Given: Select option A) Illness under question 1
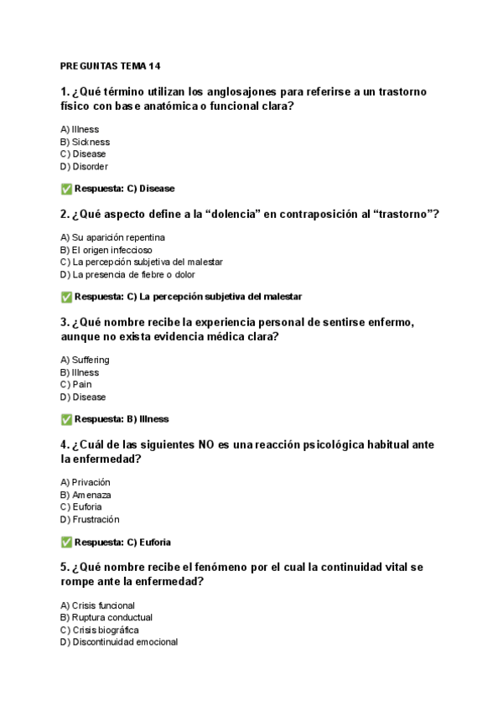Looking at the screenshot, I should tap(80, 129).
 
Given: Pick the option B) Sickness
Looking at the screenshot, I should tap(85, 142).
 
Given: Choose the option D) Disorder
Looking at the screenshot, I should tap(84, 166).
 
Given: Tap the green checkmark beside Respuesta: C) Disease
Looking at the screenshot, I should tap(66, 189).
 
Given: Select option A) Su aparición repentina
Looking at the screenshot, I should tap(112, 237).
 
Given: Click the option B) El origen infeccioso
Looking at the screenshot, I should tap(106, 250).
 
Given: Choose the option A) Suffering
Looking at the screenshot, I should tap(85, 360).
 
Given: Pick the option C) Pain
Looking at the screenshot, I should tap(76, 384).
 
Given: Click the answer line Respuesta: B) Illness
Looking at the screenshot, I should tap(121, 419).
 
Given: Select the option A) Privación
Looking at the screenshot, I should tap(86, 482).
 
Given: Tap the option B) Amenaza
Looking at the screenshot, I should tap(86, 495).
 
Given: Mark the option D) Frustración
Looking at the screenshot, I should tap(90, 519).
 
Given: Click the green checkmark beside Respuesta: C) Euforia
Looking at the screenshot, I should tap(66, 542).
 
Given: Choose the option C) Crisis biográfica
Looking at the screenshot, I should tap(100, 630).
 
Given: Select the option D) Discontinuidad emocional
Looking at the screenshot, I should tap(118, 642).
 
